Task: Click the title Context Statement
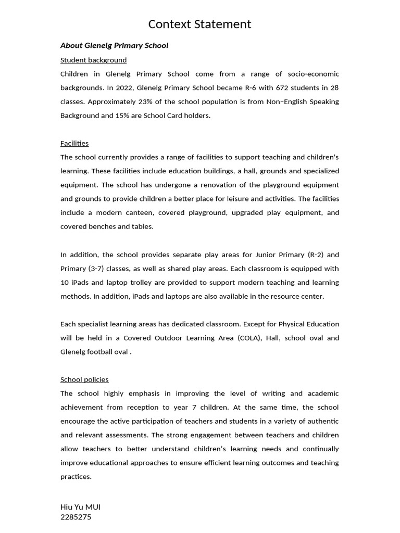coord(199,24)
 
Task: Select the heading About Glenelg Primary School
coord(114,45)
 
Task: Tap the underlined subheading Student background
coord(93,60)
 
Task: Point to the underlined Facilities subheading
coord(74,143)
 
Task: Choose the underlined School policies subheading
coord(84,379)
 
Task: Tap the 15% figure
coord(109,116)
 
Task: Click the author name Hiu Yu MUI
coord(80,506)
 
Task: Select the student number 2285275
coord(76,517)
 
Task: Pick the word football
coord(106,352)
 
